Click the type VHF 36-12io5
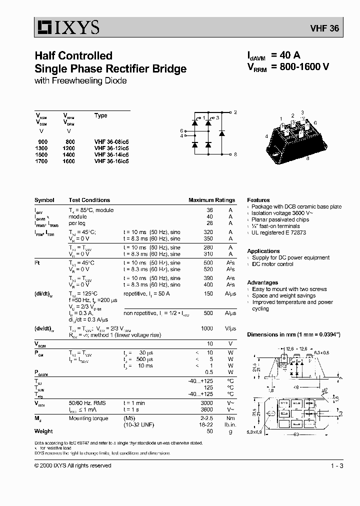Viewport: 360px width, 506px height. coord(111,148)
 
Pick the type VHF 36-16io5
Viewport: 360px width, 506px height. coord(111,161)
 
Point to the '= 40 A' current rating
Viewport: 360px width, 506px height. coord(285,55)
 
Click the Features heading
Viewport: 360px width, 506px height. coord(258,200)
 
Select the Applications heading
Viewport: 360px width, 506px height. coord(263,251)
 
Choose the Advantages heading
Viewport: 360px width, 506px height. coord(262,282)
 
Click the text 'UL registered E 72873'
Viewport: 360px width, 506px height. coord(279,232)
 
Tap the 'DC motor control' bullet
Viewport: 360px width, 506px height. coord(272,264)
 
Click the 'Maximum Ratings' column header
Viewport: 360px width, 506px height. coord(211,200)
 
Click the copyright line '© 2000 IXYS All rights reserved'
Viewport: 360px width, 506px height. coord(73,466)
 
